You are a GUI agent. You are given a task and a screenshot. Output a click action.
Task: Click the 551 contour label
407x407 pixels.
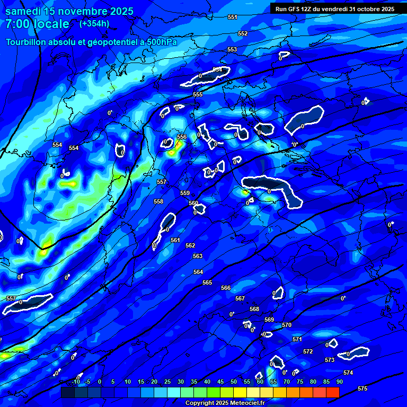point(232,17)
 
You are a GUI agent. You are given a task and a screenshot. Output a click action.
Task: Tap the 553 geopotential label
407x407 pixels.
point(232,49)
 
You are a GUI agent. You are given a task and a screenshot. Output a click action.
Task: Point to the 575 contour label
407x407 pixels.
point(362,388)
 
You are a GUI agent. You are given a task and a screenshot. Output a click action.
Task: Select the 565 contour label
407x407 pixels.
point(207,282)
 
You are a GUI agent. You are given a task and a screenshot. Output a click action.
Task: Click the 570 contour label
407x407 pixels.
point(287,325)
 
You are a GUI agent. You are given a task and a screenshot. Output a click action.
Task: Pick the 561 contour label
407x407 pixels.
point(175,240)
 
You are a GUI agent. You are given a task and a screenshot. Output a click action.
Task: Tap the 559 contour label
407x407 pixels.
point(185,193)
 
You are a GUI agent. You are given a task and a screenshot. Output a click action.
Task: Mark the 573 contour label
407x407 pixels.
point(330,360)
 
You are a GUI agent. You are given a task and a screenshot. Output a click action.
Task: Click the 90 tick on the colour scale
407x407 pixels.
point(339,382)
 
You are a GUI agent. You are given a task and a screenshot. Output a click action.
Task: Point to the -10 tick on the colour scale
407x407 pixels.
point(76,382)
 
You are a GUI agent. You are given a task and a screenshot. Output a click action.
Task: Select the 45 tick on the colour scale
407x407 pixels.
point(220,382)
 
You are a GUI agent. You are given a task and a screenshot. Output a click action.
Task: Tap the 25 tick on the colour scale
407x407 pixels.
point(167,382)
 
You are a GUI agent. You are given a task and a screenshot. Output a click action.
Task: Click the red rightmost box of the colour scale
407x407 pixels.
point(333,392)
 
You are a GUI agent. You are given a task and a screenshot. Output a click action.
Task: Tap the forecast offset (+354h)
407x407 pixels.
point(94,23)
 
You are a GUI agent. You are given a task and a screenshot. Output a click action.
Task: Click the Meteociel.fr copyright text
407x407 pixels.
point(225,403)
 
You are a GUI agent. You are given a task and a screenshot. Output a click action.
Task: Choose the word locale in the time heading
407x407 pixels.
point(51,24)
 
